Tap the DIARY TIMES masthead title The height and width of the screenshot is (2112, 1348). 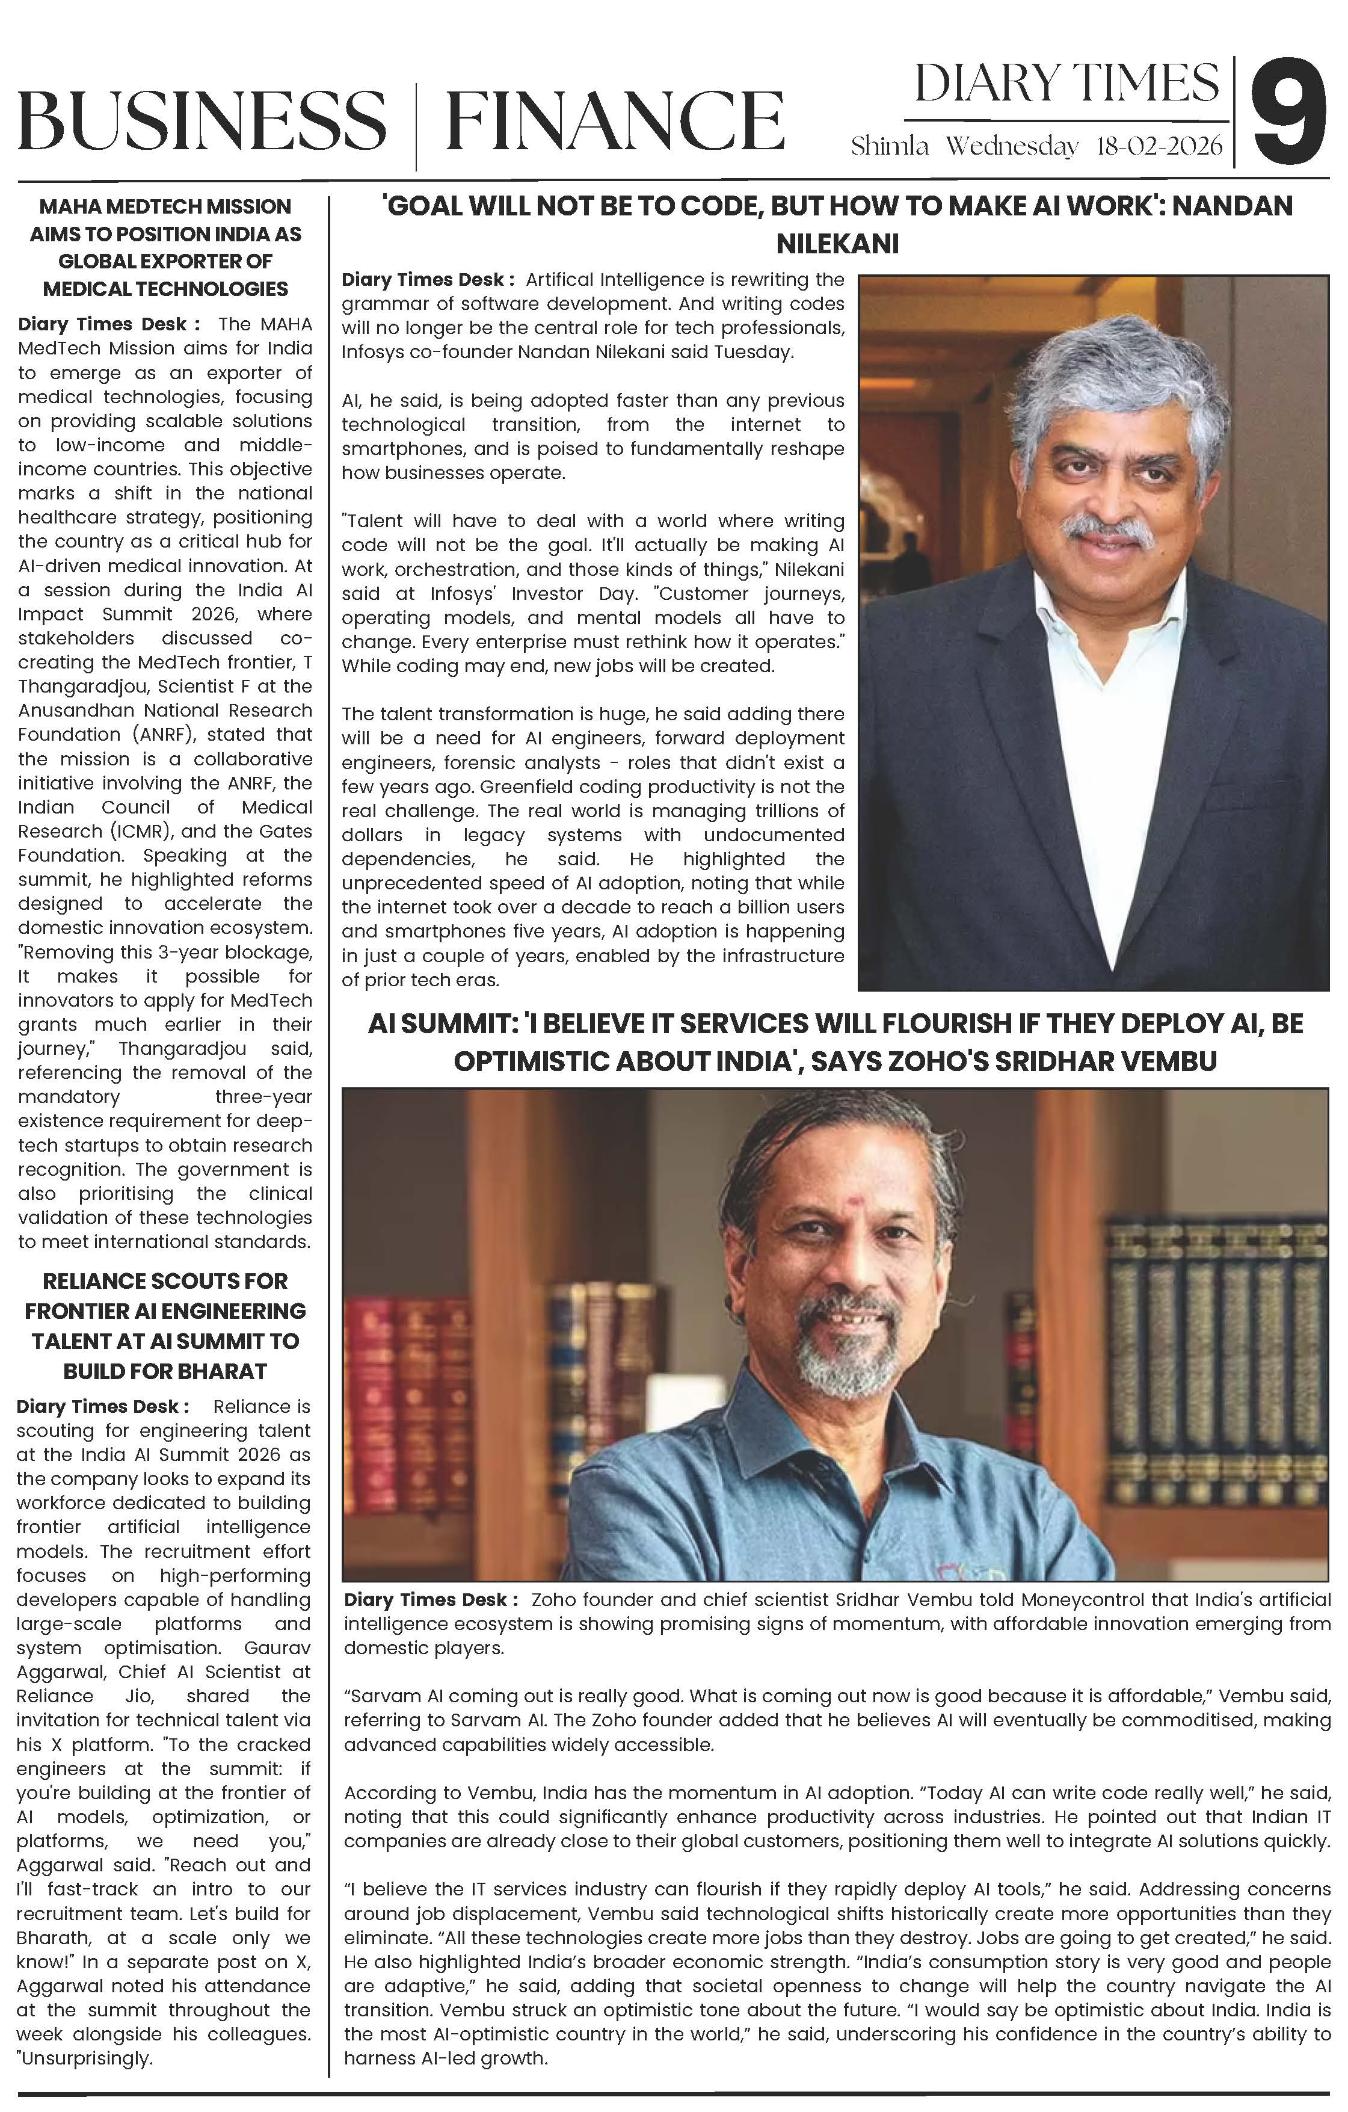point(1066,84)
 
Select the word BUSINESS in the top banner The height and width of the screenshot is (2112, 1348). point(202,120)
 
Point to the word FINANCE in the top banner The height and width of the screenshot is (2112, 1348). point(614,120)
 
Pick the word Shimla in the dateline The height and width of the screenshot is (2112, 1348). point(888,146)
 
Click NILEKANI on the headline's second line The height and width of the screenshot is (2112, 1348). point(837,243)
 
